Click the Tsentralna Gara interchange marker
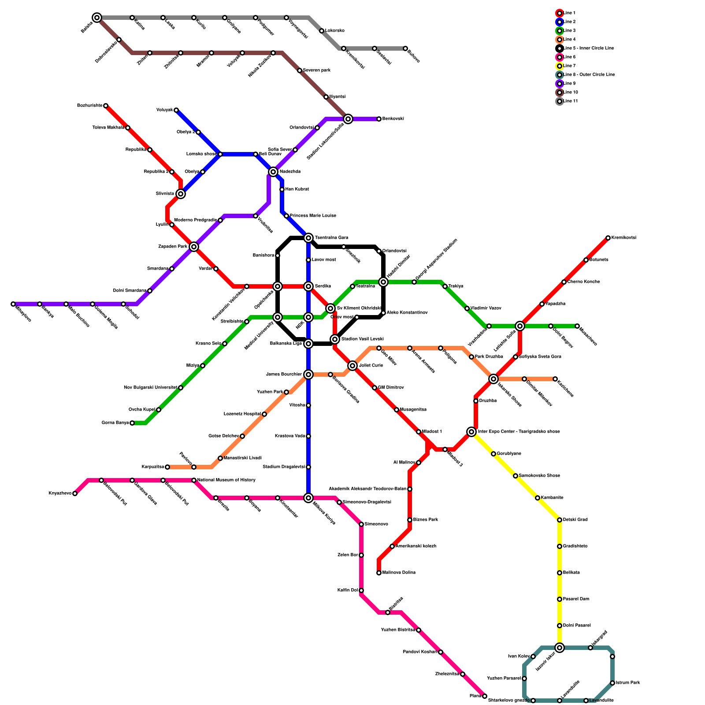(x=308, y=238)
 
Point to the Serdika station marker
(x=308, y=286)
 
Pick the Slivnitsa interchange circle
(x=181, y=194)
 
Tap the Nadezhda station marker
(x=273, y=172)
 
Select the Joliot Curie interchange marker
(x=352, y=366)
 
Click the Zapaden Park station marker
(x=194, y=247)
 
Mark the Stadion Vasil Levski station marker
(x=335, y=339)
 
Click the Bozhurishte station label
(x=89, y=106)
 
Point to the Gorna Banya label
(x=115, y=423)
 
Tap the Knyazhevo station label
(x=60, y=493)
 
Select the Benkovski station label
(x=393, y=119)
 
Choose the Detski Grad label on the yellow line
(x=575, y=520)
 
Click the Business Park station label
(x=425, y=520)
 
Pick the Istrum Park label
(x=628, y=683)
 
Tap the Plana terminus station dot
(x=485, y=696)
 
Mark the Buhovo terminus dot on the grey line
(x=405, y=48)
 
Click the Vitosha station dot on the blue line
(x=308, y=405)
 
